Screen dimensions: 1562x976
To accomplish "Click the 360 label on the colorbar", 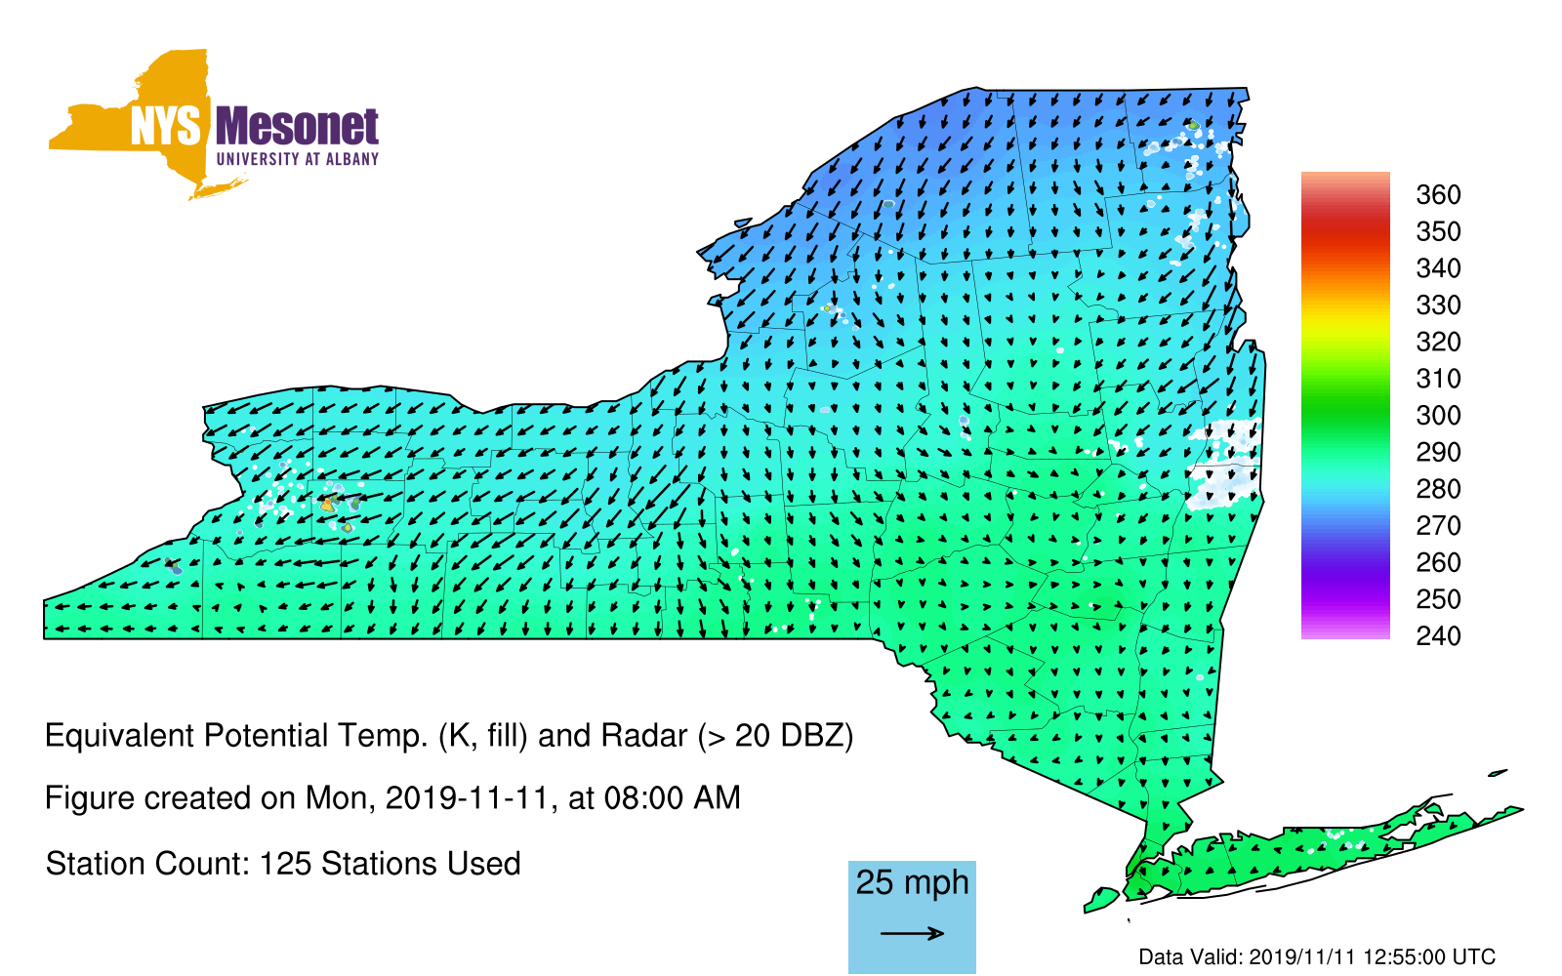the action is pos(1438,194).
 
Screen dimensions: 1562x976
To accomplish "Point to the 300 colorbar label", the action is pos(1438,416).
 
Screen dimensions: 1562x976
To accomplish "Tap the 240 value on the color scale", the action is pos(1438,635).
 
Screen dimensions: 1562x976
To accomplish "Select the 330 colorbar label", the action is pos(1438,305).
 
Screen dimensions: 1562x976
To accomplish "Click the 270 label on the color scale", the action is pos(1438,526).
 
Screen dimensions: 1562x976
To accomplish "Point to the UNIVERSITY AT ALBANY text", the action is pos(298,159).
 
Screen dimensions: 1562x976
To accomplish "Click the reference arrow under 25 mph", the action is pos(912,933).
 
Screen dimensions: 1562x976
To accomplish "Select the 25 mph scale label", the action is pos(912,882).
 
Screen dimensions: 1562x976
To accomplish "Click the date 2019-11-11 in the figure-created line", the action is pos(468,798).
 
